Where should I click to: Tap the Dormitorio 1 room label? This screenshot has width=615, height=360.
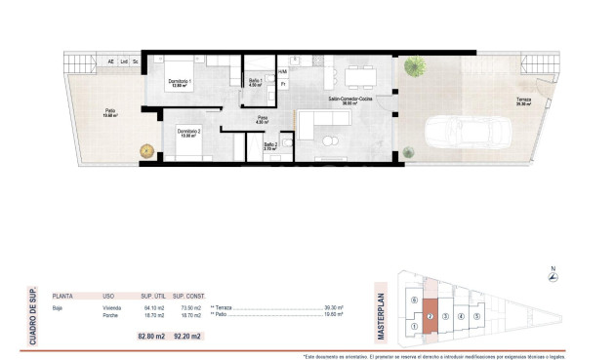coord(180,82)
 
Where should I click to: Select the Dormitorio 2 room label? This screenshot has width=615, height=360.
coord(189,133)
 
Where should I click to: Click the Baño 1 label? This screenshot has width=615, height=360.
coord(256,82)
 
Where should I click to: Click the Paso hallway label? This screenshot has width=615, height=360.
coord(263,119)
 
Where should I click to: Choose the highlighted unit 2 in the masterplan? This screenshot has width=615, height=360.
coord(430,316)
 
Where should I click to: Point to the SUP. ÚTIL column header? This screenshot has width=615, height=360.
coord(151,294)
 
